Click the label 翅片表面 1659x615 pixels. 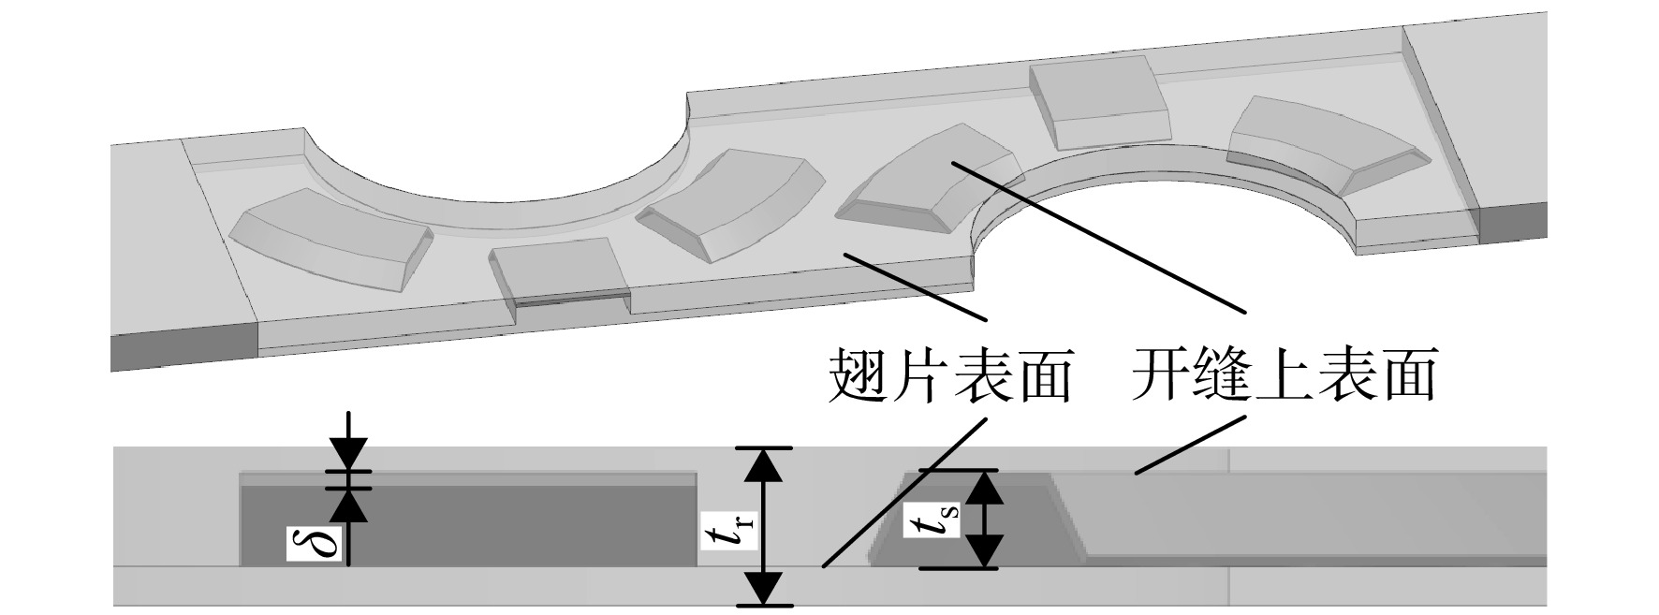[950, 376]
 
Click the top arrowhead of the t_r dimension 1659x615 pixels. [767, 465]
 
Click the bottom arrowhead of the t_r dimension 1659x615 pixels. [767, 588]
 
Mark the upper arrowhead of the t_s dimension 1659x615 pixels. [984, 487]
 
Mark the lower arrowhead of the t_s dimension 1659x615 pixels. [984, 551]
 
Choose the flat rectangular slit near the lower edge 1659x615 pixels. [560, 274]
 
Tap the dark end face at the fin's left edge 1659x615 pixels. [184, 346]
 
